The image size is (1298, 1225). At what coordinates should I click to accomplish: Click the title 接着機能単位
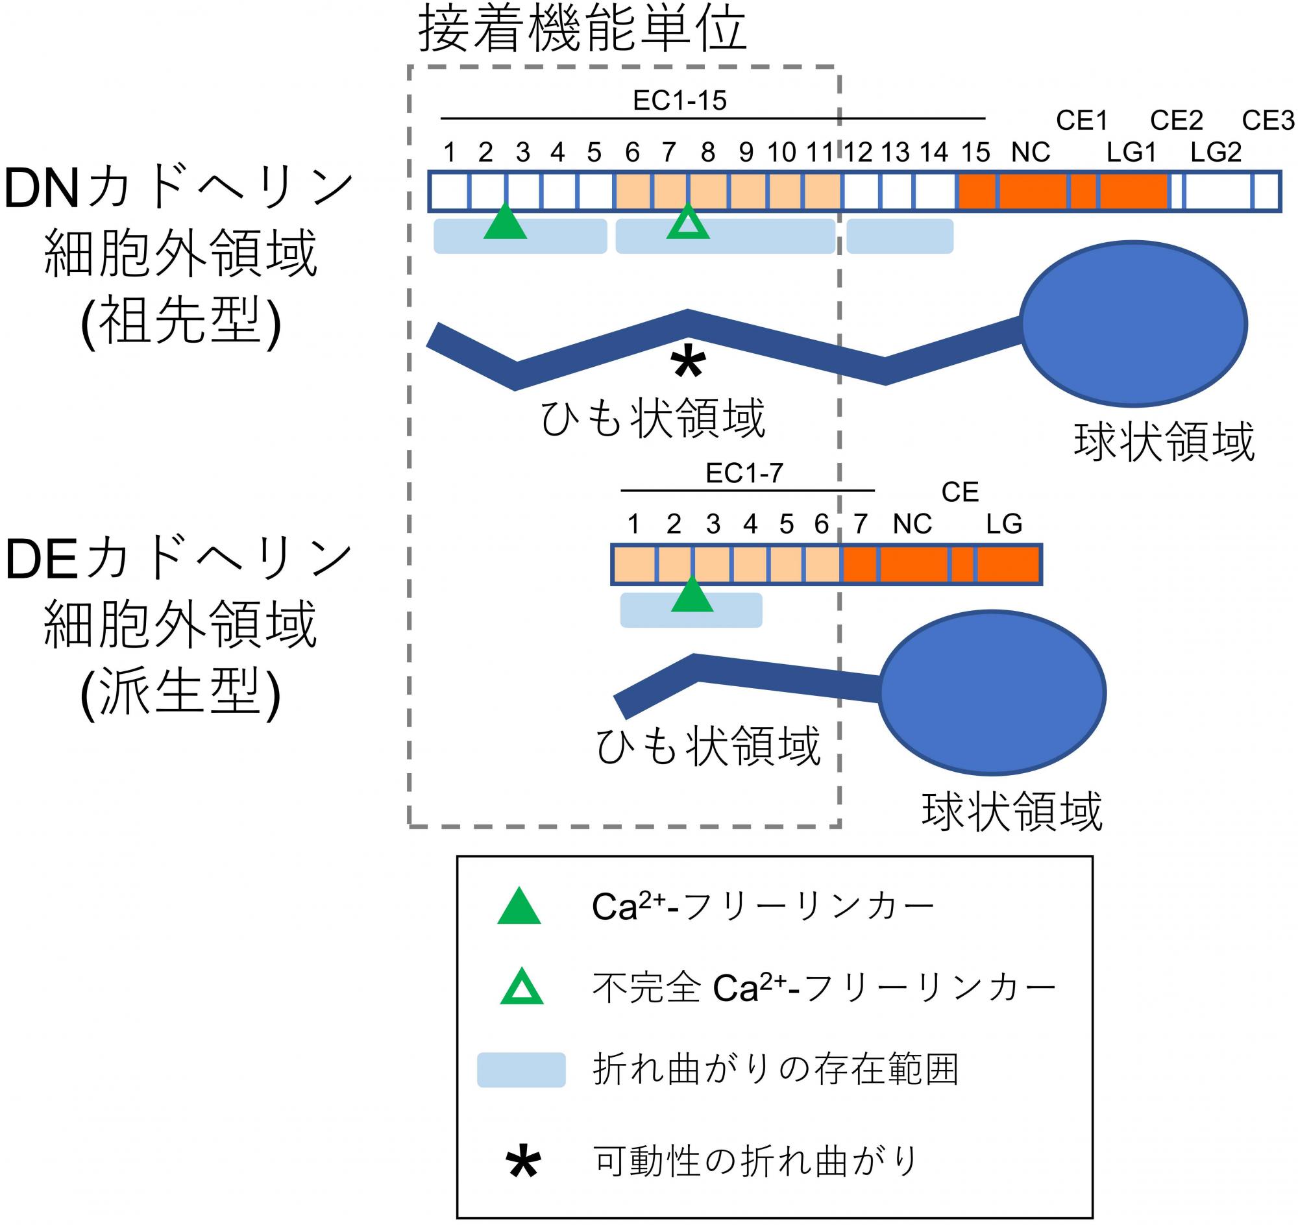tap(582, 29)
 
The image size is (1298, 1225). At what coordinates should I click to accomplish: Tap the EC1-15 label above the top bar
tap(680, 101)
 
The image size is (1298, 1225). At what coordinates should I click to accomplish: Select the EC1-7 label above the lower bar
tap(744, 473)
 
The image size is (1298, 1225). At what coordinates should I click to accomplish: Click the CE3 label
tap(1268, 120)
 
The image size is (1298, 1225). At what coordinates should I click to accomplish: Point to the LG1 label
tap(1131, 152)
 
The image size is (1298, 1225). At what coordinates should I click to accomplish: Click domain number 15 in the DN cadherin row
tap(975, 152)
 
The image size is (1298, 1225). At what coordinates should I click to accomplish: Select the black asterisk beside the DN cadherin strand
tap(687, 364)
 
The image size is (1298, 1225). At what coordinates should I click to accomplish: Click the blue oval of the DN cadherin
tap(1134, 324)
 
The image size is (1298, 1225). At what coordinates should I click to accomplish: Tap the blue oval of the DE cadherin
tap(992, 693)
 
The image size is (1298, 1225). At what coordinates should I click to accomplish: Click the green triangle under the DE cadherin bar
tap(692, 593)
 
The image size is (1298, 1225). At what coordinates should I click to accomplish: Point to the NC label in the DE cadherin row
tap(912, 524)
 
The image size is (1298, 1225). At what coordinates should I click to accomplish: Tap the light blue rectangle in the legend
tap(521, 1070)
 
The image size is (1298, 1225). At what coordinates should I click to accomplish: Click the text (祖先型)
tap(181, 322)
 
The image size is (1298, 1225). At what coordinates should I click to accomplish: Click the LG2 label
tap(1216, 152)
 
